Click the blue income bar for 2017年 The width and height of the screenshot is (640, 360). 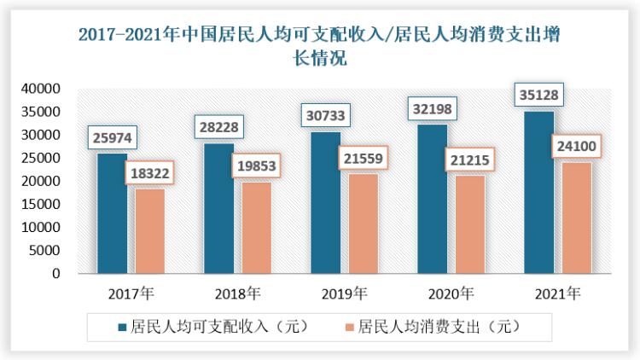coord(111,213)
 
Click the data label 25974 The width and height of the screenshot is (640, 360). coord(112,137)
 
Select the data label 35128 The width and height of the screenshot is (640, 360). coord(538,94)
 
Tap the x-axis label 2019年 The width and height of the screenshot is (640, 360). coord(345,294)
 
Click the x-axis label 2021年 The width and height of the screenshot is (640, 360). coord(557,294)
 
